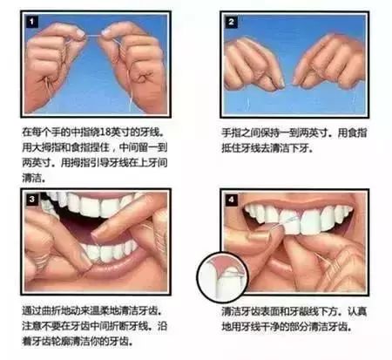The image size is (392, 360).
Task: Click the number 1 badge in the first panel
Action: tap(32, 22)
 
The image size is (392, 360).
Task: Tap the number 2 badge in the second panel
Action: tap(232, 22)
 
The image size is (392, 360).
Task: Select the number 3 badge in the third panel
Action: tap(32, 200)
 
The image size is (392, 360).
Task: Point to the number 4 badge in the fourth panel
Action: tap(232, 200)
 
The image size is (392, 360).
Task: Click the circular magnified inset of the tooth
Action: tap(222, 277)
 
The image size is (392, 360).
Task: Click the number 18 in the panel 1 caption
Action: tap(105, 132)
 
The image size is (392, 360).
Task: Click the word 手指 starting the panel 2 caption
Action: tap(231, 133)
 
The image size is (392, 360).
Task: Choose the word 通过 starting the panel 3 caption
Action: tap(31, 311)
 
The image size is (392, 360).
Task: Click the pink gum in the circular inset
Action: tap(221, 264)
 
